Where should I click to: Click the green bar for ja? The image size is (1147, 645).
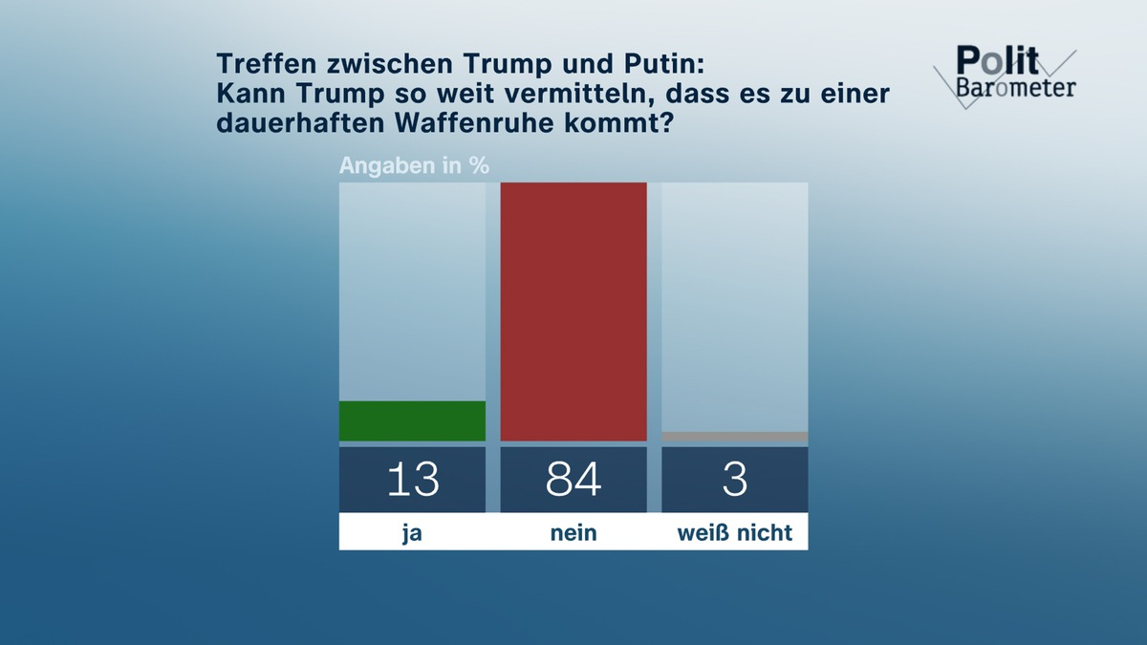(412, 420)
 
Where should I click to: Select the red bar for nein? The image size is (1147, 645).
(573, 312)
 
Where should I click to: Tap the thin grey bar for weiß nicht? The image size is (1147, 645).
(734, 437)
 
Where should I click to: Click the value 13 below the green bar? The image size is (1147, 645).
(412, 480)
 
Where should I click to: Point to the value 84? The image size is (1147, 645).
(573, 480)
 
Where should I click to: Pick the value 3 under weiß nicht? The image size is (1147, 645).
(734, 480)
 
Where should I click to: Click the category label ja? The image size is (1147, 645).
(412, 533)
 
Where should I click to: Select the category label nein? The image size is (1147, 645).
(573, 533)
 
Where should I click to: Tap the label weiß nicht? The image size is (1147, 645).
(734, 533)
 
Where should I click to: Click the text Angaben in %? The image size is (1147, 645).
(414, 165)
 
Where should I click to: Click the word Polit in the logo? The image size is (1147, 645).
(997, 62)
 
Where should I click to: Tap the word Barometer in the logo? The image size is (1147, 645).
(1015, 87)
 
